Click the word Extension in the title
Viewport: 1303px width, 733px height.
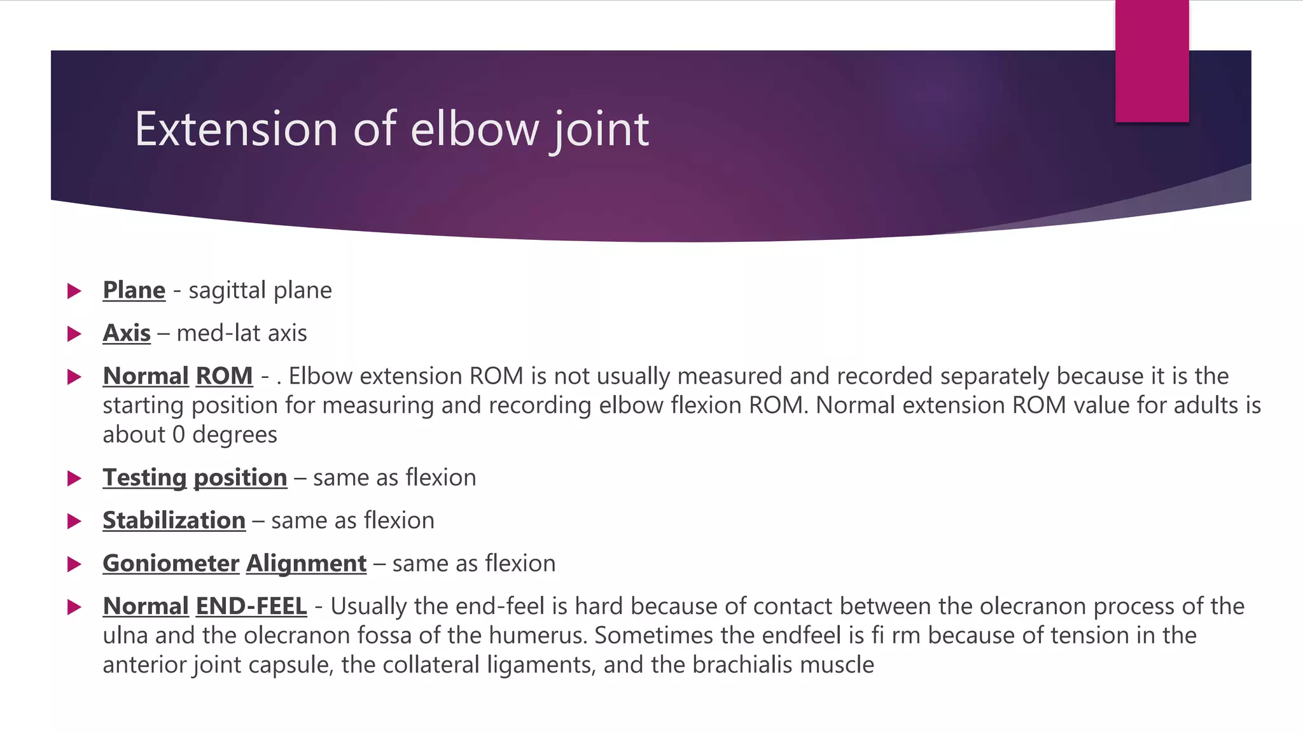pos(235,129)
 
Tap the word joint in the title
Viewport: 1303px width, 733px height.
pos(601,130)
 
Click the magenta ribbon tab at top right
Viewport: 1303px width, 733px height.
pos(1152,61)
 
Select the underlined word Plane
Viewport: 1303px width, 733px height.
pos(134,290)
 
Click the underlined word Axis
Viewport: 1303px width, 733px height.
pos(127,333)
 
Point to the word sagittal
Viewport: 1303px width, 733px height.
pos(227,291)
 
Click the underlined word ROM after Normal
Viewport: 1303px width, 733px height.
pos(224,376)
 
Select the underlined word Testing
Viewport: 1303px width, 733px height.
pos(144,478)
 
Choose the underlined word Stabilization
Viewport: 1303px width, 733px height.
pos(174,520)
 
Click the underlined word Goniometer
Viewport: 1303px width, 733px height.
pos(171,564)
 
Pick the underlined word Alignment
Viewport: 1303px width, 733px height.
pos(306,564)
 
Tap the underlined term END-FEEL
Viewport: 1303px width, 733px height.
pos(251,606)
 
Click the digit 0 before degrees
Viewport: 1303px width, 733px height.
pos(179,435)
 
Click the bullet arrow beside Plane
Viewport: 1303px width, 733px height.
pos(74,291)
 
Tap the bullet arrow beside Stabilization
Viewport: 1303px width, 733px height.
pos(74,522)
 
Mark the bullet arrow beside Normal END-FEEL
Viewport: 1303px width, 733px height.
pos(74,608)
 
